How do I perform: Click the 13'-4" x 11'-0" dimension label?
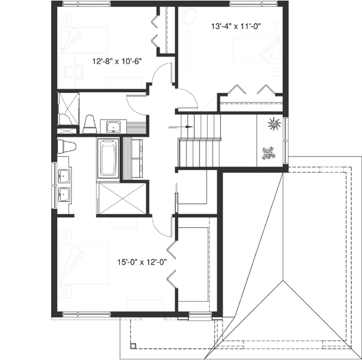[x=236, y=26]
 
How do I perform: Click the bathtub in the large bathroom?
[x=108, y=158]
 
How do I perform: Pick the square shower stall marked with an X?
[x=120, y=198]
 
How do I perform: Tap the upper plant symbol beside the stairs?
[x=273, y=124]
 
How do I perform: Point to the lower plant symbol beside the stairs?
[x=269, y=152]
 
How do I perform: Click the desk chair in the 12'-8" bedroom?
[x=78, y=71]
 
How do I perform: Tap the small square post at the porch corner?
[x=134, y=346]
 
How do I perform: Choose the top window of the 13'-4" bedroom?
[x=248, y=4]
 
